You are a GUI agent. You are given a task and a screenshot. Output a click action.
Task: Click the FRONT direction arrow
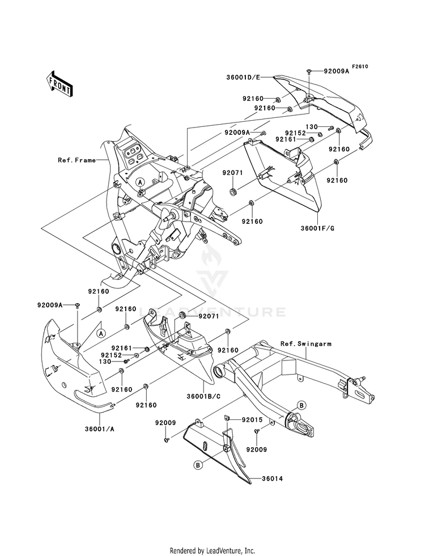click(x=59, y=83)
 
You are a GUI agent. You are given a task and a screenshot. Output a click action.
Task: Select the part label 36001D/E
click(x=243, y=77)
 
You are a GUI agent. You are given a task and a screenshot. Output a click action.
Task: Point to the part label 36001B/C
click(x=203, y=396)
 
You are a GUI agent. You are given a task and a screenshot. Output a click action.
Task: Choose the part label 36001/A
click(x=100, y=428)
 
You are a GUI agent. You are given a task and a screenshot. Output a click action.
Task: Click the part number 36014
click(x=272, y=479)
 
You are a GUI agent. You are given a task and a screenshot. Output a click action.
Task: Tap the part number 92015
click(x=252, y=420)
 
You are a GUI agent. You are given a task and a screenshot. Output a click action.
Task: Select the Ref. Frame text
click(x=76, y=160)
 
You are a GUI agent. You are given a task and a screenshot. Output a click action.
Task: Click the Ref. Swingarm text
click(x=306, y=343)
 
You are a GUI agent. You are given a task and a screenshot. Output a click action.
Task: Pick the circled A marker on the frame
click(x=141, y=182)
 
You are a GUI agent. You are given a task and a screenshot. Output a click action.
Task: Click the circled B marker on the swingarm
click(x=301, y=405)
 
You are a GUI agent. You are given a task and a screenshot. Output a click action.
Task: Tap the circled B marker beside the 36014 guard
click(x=198, y=465)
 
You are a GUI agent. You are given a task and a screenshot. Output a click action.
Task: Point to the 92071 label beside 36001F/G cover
click(x=232, y=173)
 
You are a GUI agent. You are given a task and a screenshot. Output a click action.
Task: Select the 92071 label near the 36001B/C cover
click(x=209, y=316)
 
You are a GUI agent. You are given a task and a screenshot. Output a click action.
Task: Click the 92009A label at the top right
click(x=336, y=71)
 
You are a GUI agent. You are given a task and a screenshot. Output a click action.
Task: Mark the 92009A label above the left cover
click(x=50, y=304)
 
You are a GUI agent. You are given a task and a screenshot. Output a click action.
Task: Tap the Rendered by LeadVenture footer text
click(x=212, y=551)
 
